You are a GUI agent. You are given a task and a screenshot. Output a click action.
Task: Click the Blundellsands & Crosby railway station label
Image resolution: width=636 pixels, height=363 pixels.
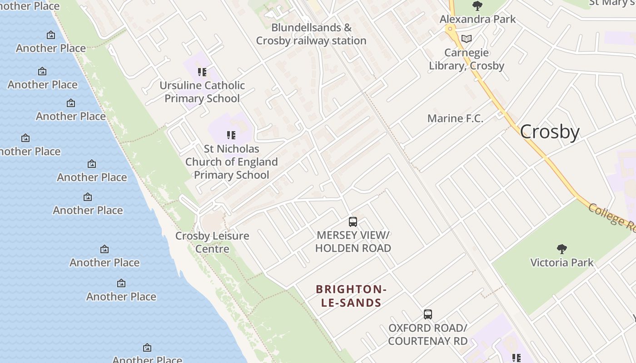[311, 34]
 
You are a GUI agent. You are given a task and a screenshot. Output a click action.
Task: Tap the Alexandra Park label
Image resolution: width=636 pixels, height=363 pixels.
[477, 19]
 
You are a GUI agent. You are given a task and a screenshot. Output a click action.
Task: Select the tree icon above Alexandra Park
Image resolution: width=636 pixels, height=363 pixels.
[477, 6]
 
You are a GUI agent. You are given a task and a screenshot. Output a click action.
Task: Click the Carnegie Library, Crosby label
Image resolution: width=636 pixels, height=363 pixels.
[467, 59]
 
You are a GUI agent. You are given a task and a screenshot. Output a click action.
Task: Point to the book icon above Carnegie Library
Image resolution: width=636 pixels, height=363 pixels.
[467, 39]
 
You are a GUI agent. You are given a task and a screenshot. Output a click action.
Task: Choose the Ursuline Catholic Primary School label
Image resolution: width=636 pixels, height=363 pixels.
[202, 92]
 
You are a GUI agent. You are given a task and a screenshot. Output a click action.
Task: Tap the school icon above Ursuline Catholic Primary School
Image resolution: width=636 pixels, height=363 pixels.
[202, 72]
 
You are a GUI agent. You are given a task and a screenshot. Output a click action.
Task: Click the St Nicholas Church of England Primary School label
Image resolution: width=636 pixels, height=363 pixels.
[231, 162]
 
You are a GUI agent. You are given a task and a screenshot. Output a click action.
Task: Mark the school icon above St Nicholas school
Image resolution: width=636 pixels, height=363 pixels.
[231, 135]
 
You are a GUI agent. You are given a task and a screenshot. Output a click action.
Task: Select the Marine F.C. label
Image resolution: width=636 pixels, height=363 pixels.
[455, 118]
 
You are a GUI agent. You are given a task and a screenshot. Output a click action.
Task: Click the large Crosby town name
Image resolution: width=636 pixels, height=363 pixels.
[550, 132]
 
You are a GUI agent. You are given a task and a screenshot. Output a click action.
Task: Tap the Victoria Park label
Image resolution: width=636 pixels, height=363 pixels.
[562, 262]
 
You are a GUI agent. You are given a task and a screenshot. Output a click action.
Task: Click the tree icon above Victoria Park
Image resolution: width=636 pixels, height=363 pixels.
[562, 249]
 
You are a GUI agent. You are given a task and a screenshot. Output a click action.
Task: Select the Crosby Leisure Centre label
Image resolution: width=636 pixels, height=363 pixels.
[212, 242]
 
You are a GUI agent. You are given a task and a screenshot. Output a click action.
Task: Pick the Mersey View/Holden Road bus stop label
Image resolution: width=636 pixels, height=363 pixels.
[353, 241]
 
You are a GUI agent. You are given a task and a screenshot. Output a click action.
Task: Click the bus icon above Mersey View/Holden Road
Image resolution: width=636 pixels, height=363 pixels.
[353, 222]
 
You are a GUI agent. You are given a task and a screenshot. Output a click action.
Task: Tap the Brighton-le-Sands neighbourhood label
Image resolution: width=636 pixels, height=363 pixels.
[351, 296]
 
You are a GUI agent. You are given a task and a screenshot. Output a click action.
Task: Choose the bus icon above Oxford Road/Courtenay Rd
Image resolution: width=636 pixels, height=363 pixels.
[427, 314]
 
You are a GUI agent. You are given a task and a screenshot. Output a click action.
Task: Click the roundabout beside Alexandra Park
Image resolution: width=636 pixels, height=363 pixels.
[450, 29]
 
